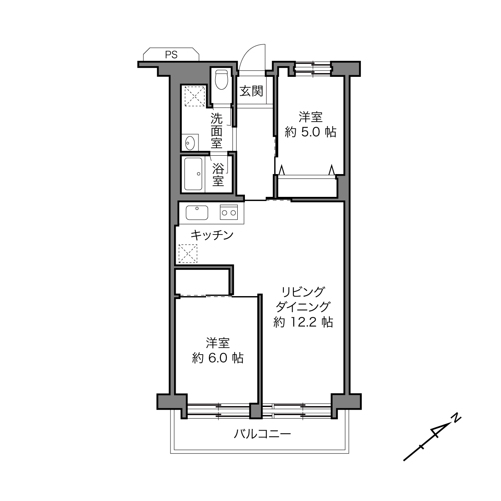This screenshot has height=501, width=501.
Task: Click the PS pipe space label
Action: pos(171,54)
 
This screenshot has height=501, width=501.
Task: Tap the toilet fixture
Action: pos(221,79)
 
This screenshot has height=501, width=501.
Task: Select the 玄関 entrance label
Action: pos(251,91)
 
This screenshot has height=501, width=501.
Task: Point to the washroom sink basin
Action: pos(190,143)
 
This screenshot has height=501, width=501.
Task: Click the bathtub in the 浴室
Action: pos(193,174)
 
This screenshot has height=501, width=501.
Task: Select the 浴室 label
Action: pos(218,174)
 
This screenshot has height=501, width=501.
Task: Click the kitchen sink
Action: pos(197,212)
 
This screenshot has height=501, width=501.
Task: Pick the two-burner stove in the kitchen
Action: pos(229,212)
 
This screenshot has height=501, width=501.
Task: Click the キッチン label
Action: pos(212,235)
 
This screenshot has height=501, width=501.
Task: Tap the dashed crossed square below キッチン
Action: pos(188,253)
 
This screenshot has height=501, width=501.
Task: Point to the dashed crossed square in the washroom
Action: pos(195,96)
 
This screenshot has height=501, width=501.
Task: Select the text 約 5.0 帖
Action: pos(311,132)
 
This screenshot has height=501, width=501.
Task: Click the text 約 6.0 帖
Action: pos(218,358)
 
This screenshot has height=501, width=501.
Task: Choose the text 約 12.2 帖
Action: pos(303,323)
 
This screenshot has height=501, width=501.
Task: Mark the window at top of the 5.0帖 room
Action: pos(313,68)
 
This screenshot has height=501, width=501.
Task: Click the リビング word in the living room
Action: pos(303,292)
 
